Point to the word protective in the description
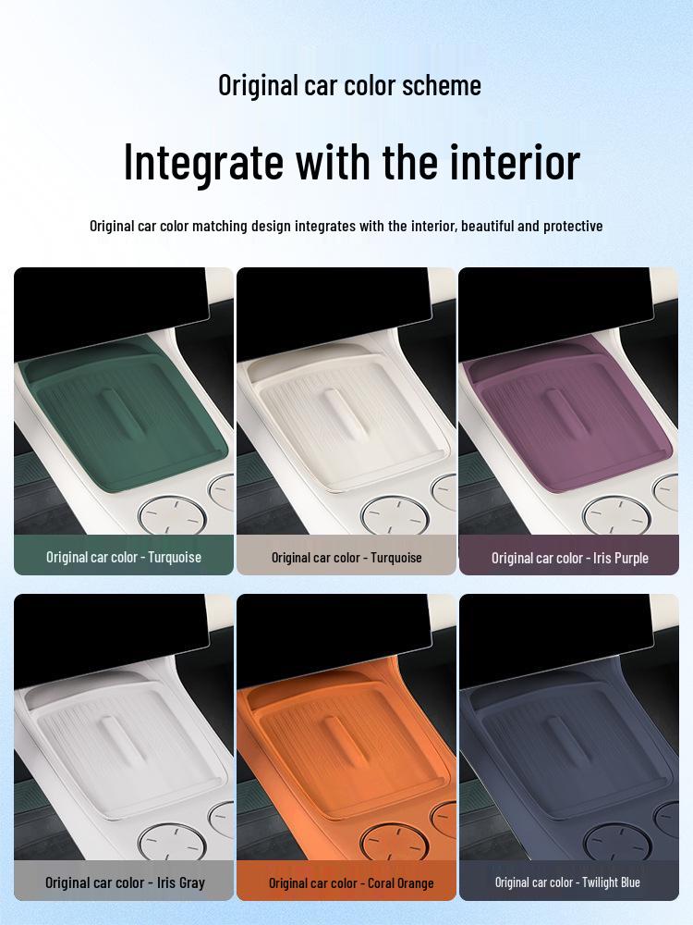(x=573, y=226)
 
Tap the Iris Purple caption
(x=570, y=558)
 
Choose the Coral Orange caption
(x=351, y=882)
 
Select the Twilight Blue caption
(x=567, y=882)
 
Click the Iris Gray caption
(x=125, y=882)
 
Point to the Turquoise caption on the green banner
(x=124, y=557)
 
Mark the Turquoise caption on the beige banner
(x=346, y=557)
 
